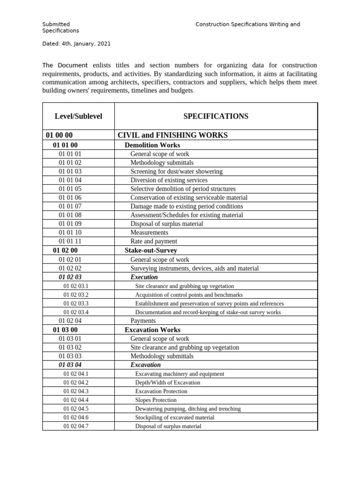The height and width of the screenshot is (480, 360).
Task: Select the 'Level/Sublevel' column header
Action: point(78,116)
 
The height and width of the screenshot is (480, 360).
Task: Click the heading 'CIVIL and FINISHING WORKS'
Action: point(172,135)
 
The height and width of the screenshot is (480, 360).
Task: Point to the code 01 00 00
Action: point(59,135)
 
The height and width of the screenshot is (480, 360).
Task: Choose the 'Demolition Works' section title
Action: point(152,145)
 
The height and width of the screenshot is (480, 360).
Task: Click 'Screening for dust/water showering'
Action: point(176,172)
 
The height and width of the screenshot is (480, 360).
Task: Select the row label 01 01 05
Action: point(70,189)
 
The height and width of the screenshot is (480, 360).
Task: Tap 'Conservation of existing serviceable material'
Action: point(189,198)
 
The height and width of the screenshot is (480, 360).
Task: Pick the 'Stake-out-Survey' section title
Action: point(150,250)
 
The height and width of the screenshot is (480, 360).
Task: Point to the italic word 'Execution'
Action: point(144,277)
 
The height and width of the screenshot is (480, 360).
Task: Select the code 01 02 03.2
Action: point(76,295)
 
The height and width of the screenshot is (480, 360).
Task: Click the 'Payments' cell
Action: point(143,321)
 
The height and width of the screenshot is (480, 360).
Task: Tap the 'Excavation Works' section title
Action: point(152,330)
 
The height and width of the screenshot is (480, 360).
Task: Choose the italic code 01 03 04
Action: point(70,365)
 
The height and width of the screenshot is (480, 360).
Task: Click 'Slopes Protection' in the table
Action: point(156,400)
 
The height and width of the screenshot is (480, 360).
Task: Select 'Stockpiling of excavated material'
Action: point(174,417)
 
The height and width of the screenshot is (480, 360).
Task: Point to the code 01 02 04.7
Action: point(76,426)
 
